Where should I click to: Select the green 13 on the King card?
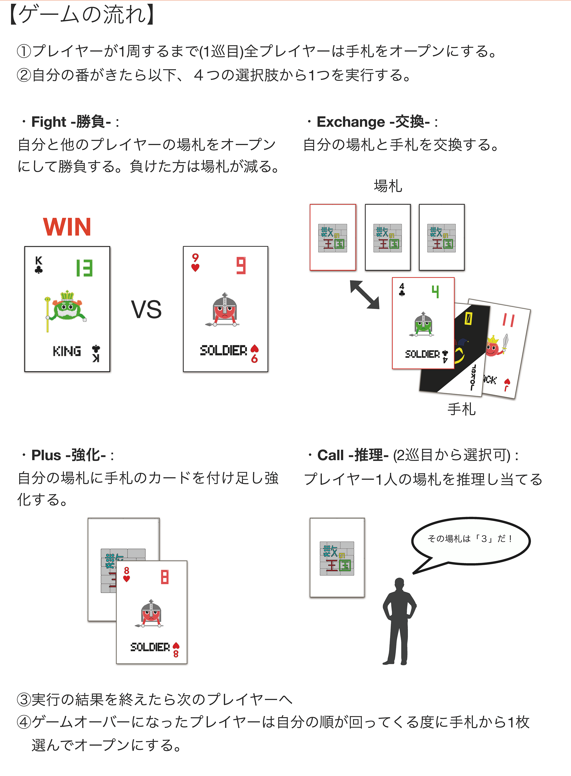(84, 268)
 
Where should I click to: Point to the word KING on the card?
(67, 351)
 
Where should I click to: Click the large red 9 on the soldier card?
(241, 266)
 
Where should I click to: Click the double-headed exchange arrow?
(365, 294)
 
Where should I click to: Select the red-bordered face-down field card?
(333, 237)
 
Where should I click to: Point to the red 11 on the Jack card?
(508, 320)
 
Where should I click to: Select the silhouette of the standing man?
(399, 621)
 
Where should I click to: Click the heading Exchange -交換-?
(373, 122)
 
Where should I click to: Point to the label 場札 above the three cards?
(388, 186)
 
